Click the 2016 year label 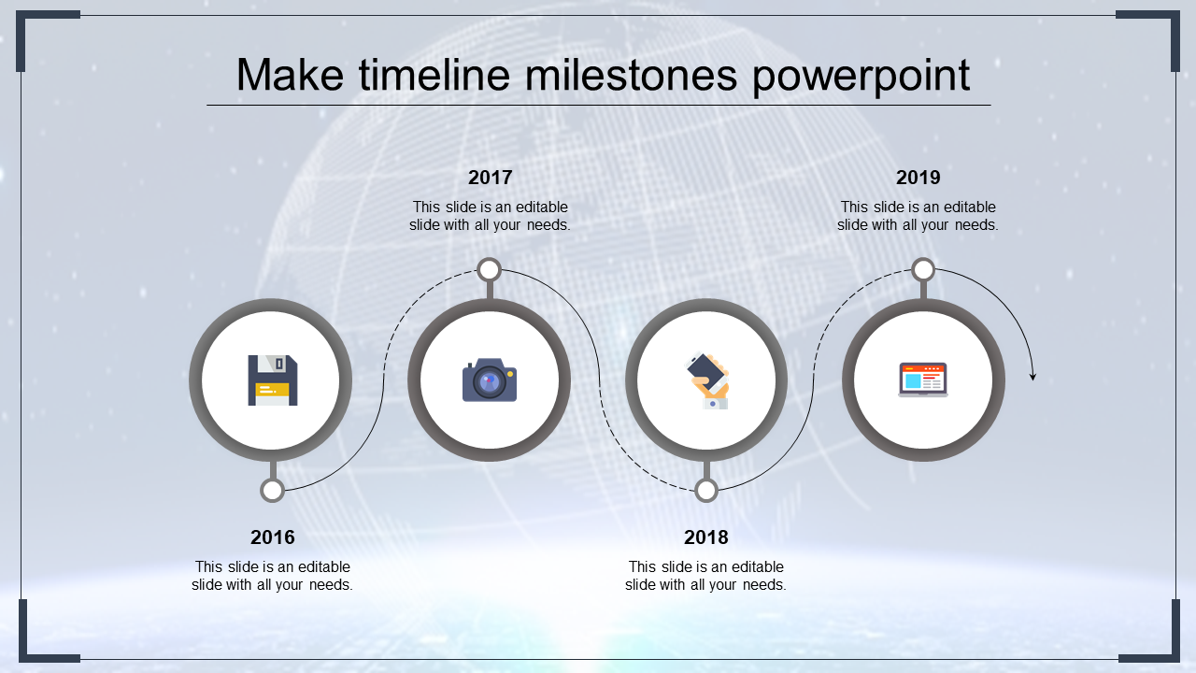pos(272,537)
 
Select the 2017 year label pos(490,178)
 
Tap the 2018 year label pos(705,537)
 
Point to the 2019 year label pos(918,178)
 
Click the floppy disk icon pos(272,380)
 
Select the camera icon pos(490,380)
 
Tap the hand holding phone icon pos(707,380)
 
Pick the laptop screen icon pos(923,380)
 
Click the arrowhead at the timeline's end pos(1032,376)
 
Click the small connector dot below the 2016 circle pos(272,491)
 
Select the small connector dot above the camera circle pos(490,270)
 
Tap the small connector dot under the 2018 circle pos(706,491)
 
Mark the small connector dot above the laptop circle pos(923,270)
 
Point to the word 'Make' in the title pos(281,76)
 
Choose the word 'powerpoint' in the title pos(861,76)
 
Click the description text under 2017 pos(490,216)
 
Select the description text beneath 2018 pos(705,576)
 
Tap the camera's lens pos(489,382)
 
